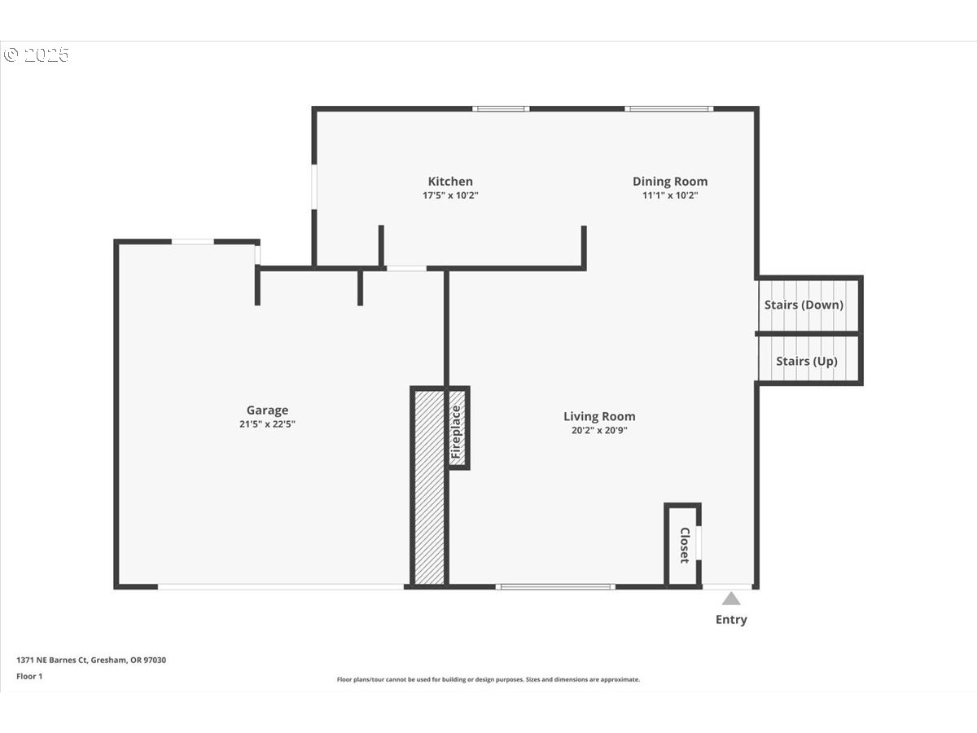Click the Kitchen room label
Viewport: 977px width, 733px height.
point(450,182)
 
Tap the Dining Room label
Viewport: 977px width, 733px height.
point(670,182)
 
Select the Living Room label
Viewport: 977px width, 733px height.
point(599,416)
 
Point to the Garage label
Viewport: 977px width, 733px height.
point(267,410)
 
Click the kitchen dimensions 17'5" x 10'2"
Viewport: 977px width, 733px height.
point(450,195)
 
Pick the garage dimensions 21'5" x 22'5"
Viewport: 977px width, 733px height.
point(267,424)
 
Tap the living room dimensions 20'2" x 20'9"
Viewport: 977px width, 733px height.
point(599,430)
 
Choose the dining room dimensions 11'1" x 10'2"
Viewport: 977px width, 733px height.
point(670,195)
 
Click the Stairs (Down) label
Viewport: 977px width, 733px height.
point(804,305)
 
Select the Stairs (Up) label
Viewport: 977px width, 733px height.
point(806,361)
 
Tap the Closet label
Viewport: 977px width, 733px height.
point(684,545)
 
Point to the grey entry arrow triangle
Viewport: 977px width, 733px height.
point(731,599)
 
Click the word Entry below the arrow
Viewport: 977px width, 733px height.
point(731,620)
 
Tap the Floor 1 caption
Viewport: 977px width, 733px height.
point(29,677)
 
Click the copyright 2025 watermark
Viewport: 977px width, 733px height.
point(37,55)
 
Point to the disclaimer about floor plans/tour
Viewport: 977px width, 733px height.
point(488,679)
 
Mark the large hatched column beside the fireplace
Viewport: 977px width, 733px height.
point(429,487)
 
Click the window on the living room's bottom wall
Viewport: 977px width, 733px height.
point(555,586)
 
